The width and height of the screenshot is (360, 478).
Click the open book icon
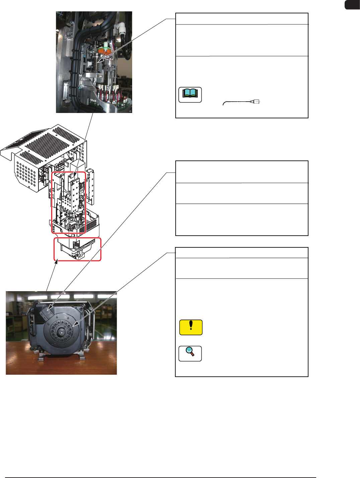(x=190, y=95)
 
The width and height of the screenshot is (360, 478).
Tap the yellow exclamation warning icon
(x=191, y=327)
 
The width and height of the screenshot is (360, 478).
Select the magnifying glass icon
(x=190, y=353)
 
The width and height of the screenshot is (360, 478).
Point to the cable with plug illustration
(x=241, y=102)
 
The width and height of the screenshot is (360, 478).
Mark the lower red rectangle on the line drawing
(x=77, y=249)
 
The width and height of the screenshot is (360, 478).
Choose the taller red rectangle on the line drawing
(x=69, y=202)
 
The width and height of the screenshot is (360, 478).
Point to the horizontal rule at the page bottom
(x=161, y=477)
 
